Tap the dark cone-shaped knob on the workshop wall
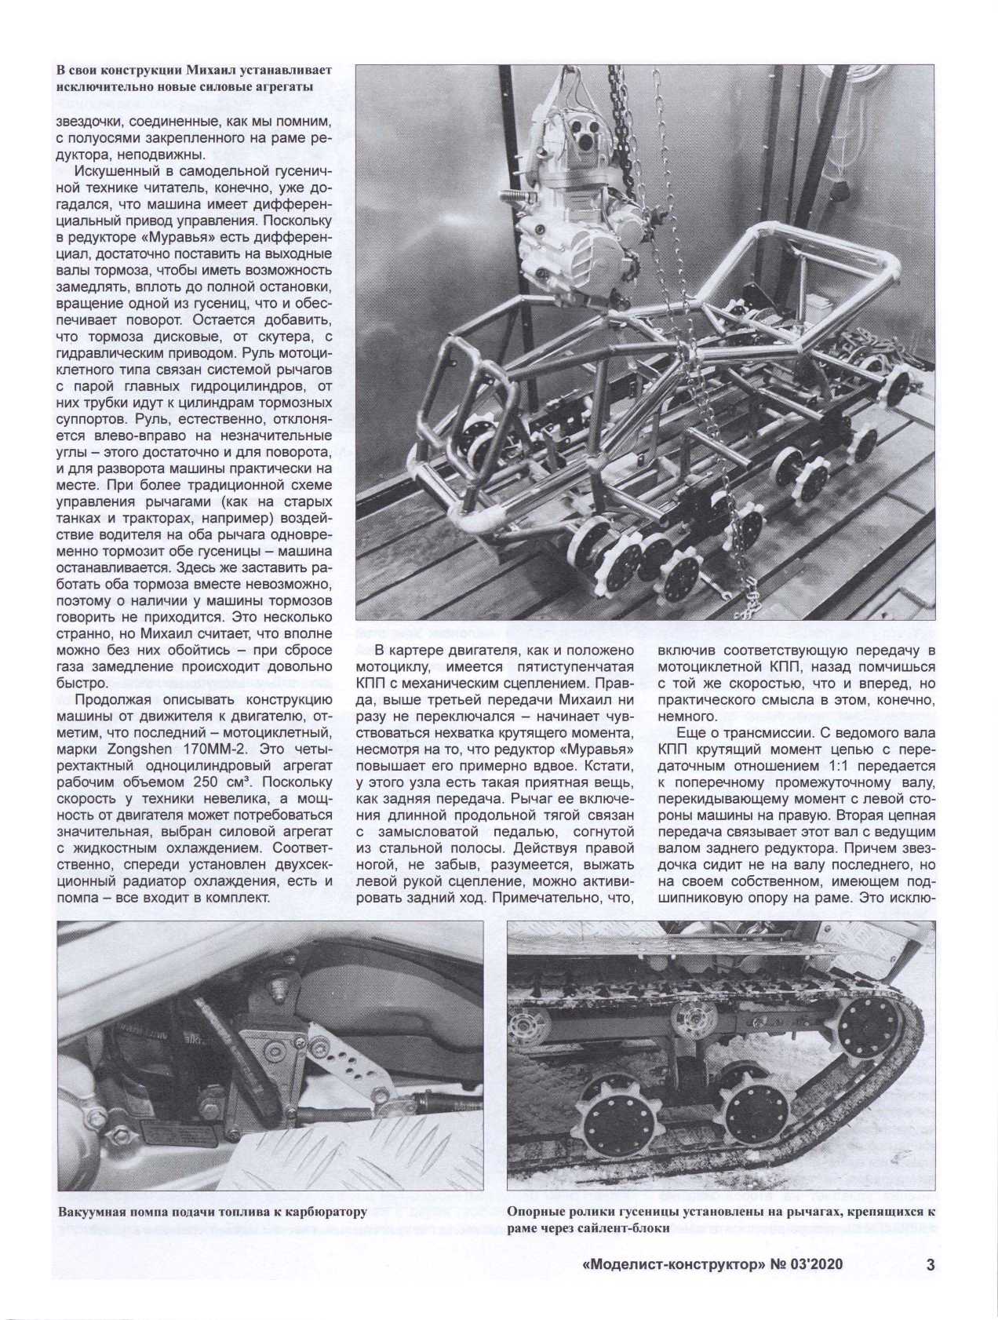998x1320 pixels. coord(842,191)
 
